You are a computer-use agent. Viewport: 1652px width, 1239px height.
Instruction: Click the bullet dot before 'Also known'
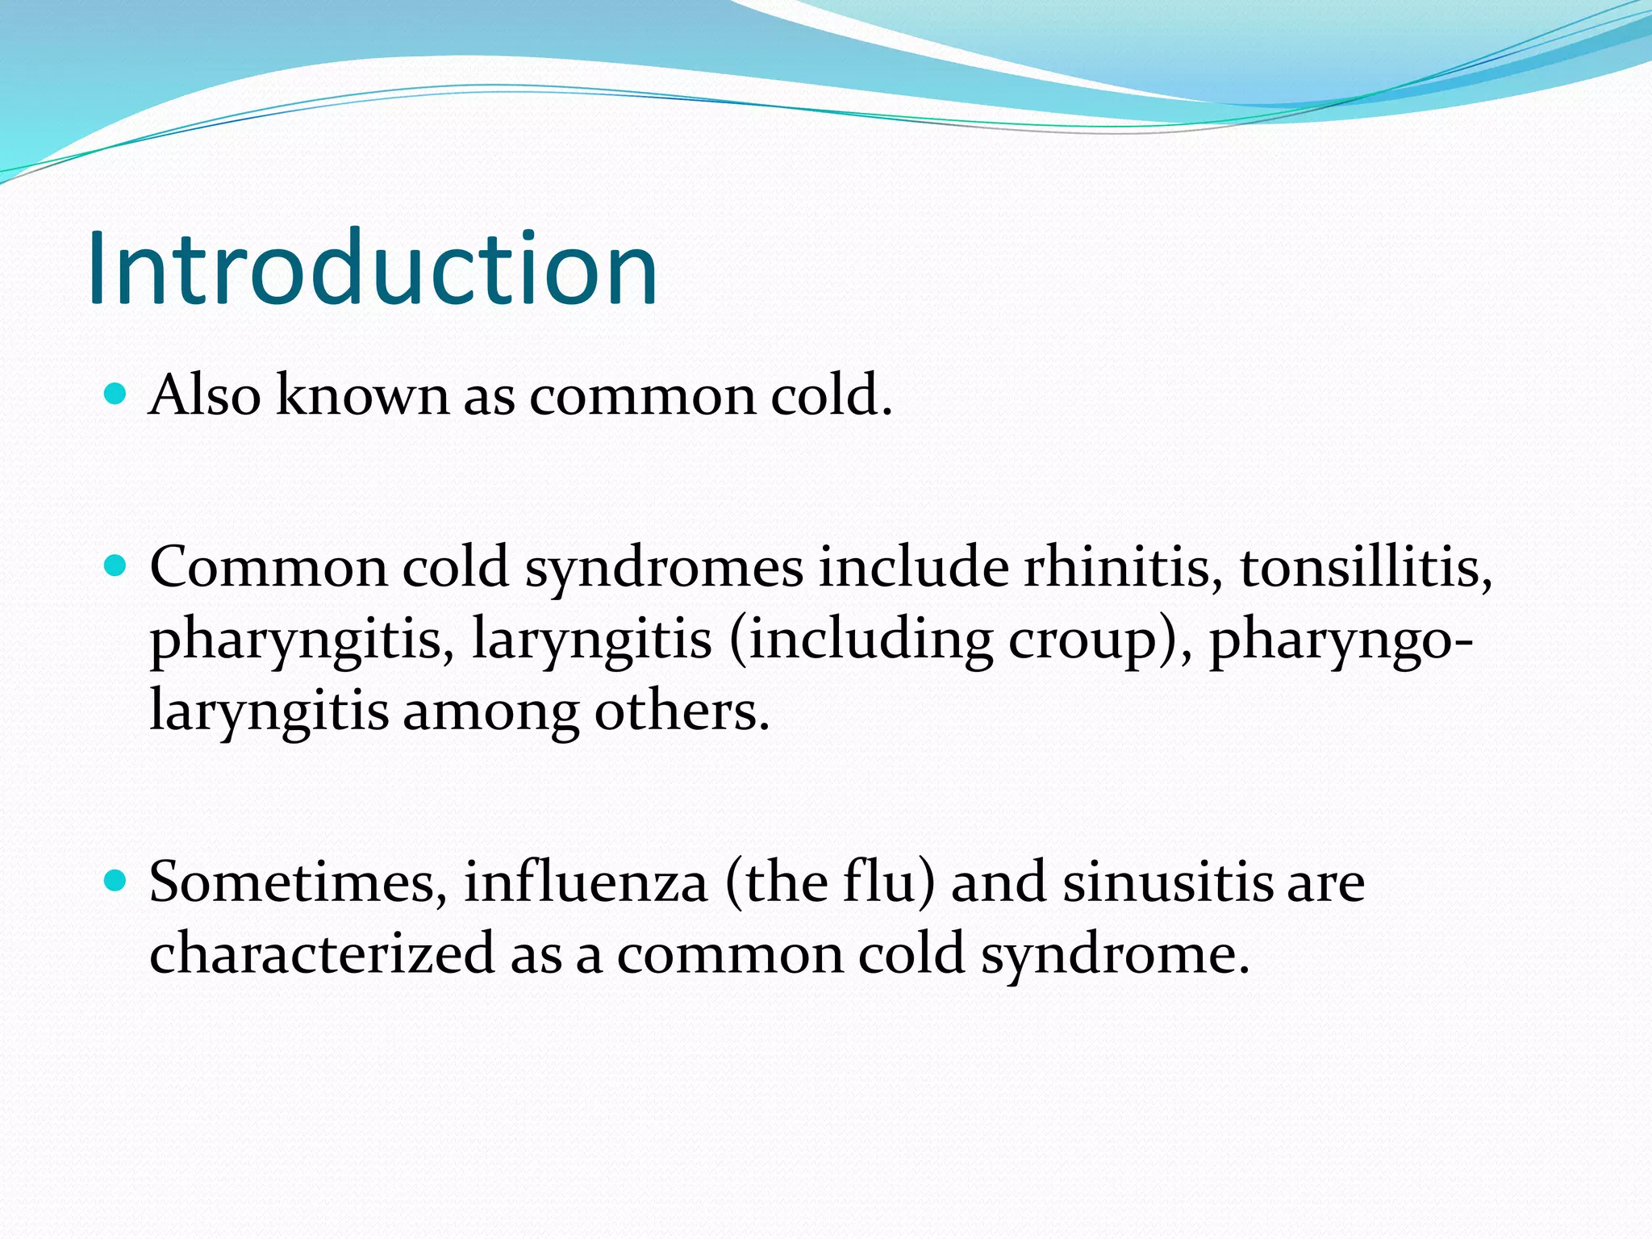pyautogui.click(x=116, y=394)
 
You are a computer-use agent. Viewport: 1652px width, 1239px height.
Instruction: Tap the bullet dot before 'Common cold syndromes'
pyautogui.click(x=116, y=566)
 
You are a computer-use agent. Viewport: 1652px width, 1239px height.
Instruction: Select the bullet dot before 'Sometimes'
pyautogui.click(x=116, y=881)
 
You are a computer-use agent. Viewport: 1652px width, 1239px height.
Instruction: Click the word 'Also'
pyautogui.click(x=205, y=395)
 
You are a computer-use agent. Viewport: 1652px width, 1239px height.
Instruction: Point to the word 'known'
pyautogui.click(x=361, y=395)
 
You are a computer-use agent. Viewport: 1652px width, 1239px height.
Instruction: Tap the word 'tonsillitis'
pyautogui.click(x=1366, y=567)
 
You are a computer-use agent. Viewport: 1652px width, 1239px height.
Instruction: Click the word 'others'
pyautogui.click(x=682, y=711)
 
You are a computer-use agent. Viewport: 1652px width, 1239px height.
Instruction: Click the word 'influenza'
pyautogui.click(x=586, y=882)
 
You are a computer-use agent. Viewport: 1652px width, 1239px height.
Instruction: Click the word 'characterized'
pyautogui.click(x=322, y=953)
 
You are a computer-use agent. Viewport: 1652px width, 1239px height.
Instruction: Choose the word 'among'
pyautogui.click(x=490, y=711)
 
